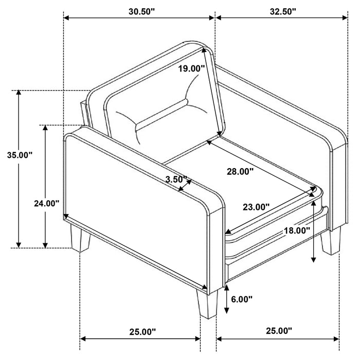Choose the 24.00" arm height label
(x=44, y=203)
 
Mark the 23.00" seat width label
(x=256, y=207)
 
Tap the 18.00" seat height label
(x=297, y=231)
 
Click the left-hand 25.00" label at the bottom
(x=141, y=332)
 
